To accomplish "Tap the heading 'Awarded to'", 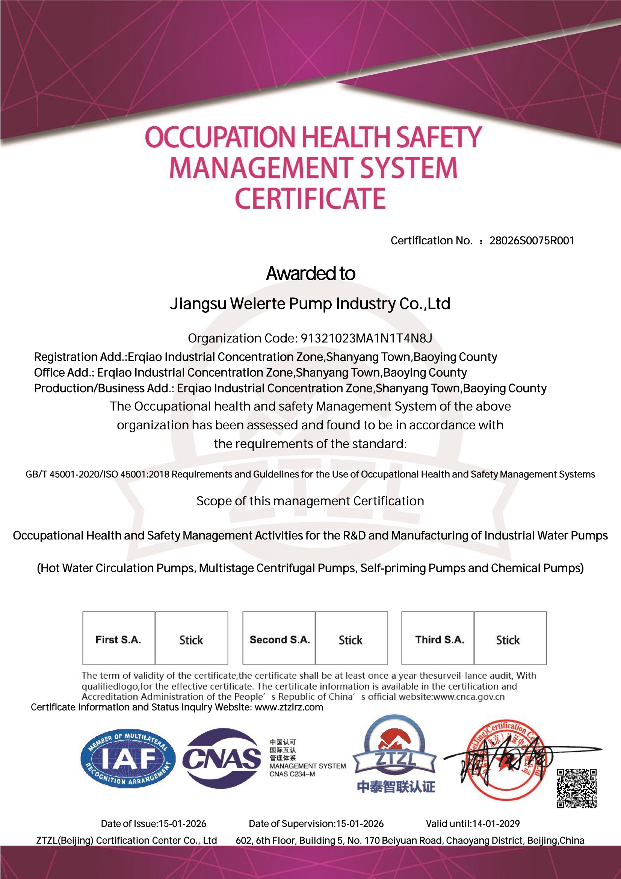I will tap(310, 273).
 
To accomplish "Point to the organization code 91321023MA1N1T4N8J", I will tap(366, 338).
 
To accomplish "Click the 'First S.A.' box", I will tap(119, 640).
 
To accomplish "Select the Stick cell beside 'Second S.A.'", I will tap(351, 640).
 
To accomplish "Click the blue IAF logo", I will tap(128, 758).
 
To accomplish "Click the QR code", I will tap(576, 788).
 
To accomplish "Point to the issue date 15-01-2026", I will tap(182, 823).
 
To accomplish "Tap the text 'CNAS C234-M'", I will tap(292, 774).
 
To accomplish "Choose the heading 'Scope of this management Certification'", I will tap(310, 501).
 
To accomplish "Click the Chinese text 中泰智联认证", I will tap(396, 787).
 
